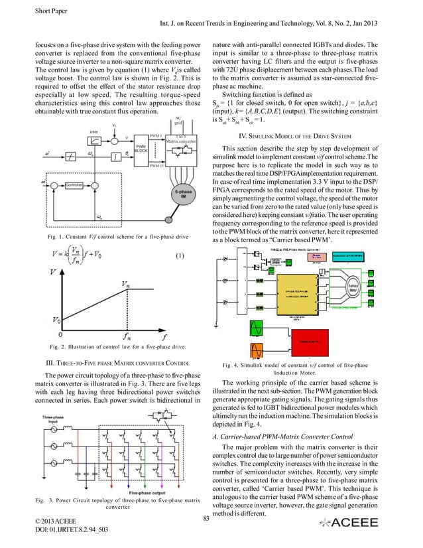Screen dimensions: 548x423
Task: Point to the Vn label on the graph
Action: tap(125, 283)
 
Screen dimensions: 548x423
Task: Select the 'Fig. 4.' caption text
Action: tap(232, 364)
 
